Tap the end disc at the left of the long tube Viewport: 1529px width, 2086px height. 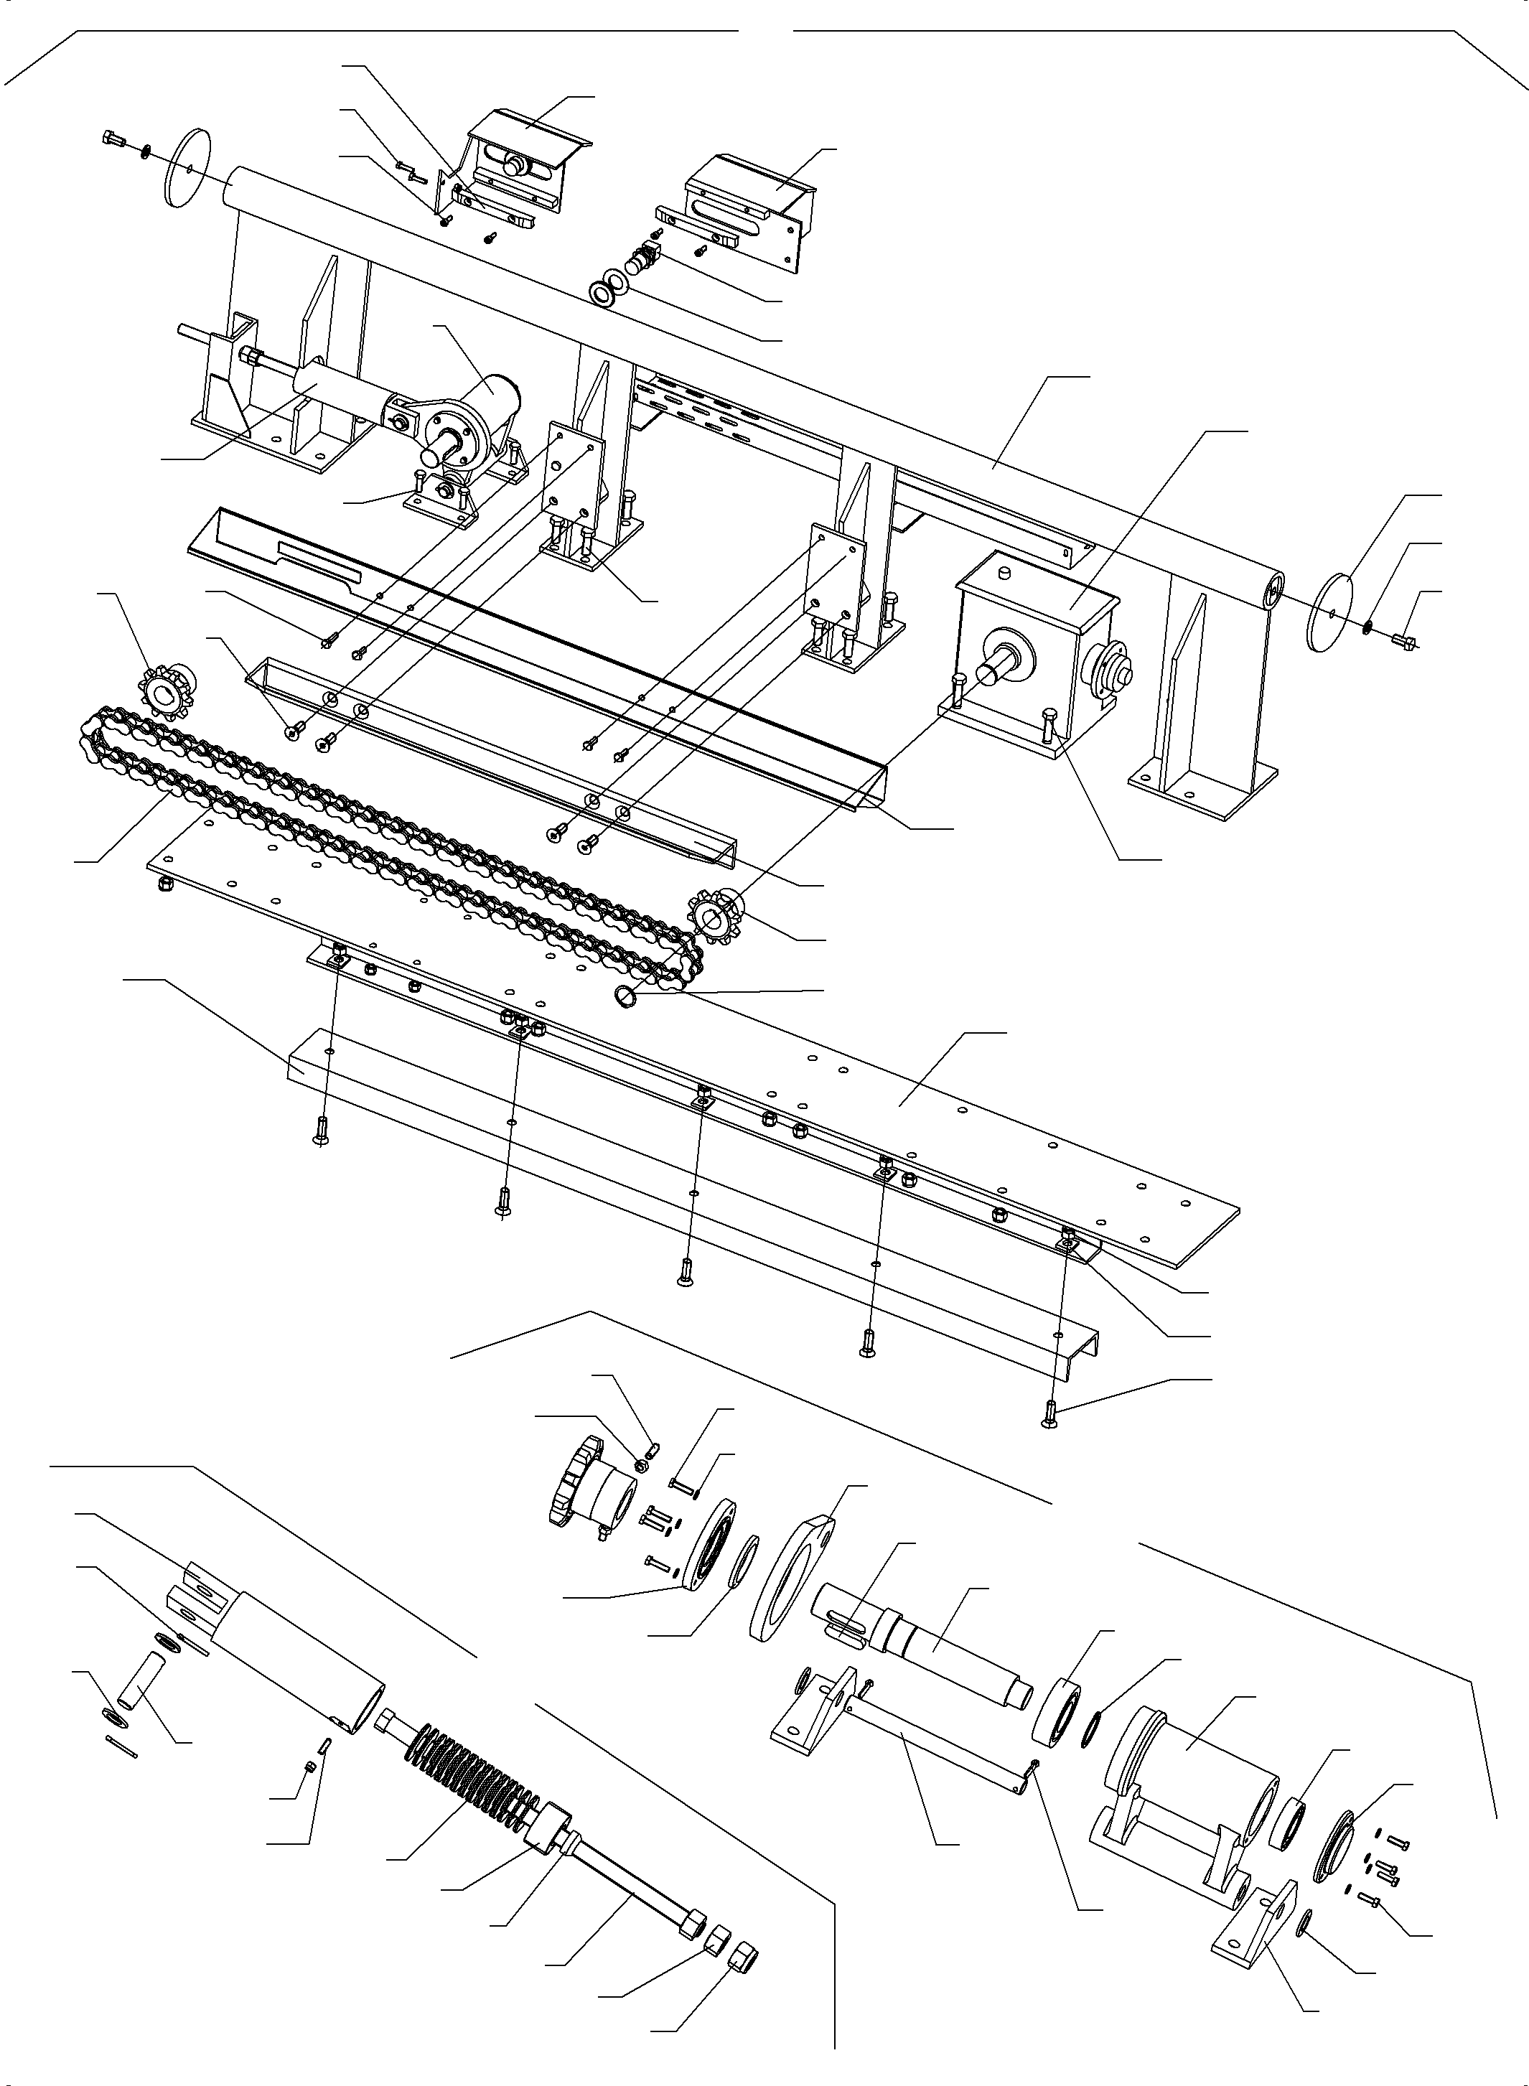pos(186,169)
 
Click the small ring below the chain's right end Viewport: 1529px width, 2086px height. pos(627,996)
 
